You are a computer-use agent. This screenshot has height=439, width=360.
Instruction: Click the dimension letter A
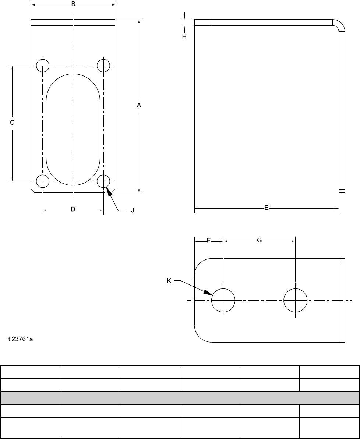pyautogui.click(x=139, y=105)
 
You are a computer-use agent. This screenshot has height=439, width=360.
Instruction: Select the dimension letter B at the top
pyautogui.click(x=73, y=4)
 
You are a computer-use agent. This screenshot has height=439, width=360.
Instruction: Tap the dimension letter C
pyautogui.click(x=12, y=123)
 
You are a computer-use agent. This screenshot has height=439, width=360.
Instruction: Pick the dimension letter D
pyautogui.click(x=73, y=209)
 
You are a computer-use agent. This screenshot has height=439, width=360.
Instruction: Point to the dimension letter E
pyautogui.click(x=267, y=208)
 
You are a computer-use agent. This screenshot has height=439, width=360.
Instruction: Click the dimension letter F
pyautogui.click(x=209, y=241)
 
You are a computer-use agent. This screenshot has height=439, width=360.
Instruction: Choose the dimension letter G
pyautogui.click(x=260, y=240)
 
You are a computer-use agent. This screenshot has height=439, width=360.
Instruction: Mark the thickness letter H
pyautogui.click(x=184, y=37)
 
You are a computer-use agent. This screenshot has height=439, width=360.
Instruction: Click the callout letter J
pyautogui.click(x=133, y=210)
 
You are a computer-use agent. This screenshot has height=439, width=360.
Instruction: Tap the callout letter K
pyautogui.click(x=169, y=281)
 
